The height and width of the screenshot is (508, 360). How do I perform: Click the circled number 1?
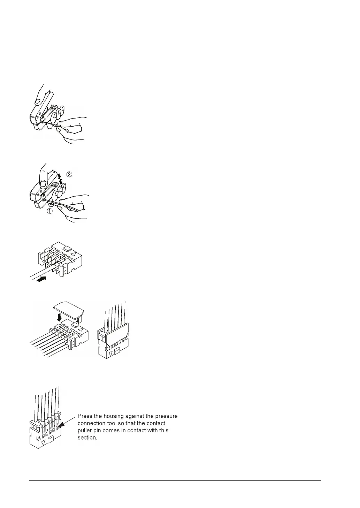coord(50,211)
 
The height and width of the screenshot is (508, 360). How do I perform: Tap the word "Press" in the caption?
coord(85,416)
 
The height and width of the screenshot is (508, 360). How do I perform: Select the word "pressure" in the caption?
coord(165,416)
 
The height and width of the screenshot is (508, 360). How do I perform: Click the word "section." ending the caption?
coord(87,438)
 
